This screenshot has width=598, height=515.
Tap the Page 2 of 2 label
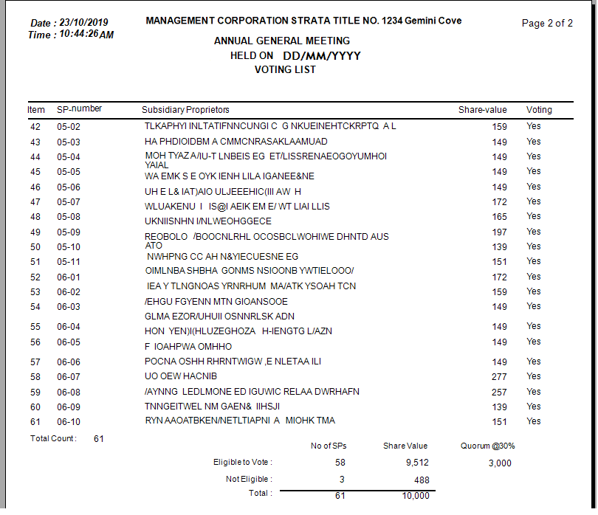[547, 23]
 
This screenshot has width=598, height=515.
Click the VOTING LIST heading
[285, 70]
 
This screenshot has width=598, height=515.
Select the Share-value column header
[482, 110]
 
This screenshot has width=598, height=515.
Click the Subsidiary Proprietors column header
[185, 110]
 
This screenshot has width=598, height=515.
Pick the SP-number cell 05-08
[69, 217]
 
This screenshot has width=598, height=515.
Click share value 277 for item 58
[500, 377]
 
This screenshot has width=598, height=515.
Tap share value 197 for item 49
[500, 232]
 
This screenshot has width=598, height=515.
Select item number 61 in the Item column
[35, 422]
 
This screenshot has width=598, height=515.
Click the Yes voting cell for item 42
[534, 126]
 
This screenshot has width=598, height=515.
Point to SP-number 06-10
[69, 422]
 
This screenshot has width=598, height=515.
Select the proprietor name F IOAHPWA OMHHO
[188, 347]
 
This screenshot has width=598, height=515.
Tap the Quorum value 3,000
[500, 463]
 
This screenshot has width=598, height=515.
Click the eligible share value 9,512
[417, 463]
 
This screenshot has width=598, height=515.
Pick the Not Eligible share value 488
[420, 480]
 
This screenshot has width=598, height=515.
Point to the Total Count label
[53, 439]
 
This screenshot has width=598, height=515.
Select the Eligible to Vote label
[243, 463]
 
